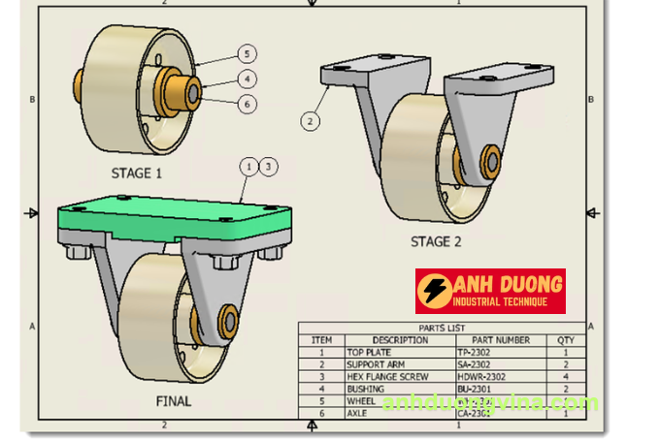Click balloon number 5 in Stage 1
pos(247,54)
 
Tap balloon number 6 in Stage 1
pos(247,103)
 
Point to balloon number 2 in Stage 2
pos(310,121)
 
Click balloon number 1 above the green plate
pos(249,167)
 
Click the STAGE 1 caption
pos(137,173)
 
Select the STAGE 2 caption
pos(444,242)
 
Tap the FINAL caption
pos(174,401)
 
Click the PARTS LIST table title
pos(442,329)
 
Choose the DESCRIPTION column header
pos(399,340)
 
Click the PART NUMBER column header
pos(500,340)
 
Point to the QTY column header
pos(565,340)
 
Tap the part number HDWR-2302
pos(482,376)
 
